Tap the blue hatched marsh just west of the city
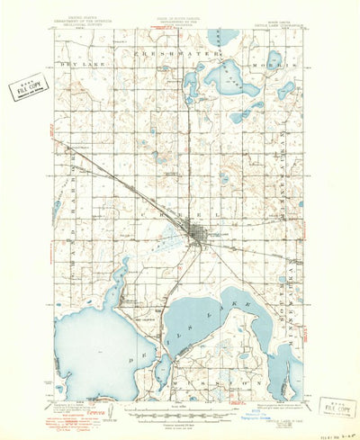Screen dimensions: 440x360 click(x=168, y=239)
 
